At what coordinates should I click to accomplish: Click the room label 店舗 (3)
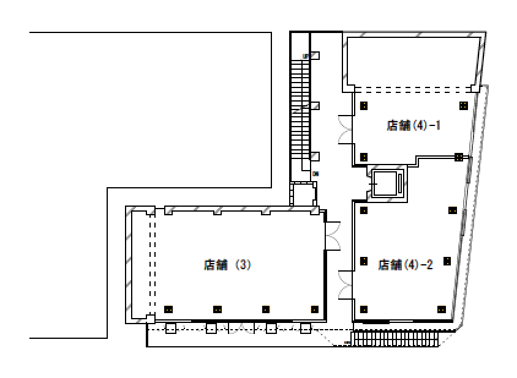click(227, 265)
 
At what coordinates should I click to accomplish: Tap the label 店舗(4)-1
click(414, 126)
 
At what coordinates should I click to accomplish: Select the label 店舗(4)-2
click(406, 265)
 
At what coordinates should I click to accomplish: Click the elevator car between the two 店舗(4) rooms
click(387, 183)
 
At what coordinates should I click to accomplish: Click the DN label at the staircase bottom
click(315, 174)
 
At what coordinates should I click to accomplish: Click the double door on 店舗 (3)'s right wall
click(333, 235)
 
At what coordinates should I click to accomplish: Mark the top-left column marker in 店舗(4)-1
click(364, 105)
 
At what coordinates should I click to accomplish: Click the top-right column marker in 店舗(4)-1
click(463, 105)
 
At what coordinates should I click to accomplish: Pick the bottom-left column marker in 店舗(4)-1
click(364, 157)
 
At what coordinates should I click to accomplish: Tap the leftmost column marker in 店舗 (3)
click(168, 309)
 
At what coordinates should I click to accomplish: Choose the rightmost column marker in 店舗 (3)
click(315, 309)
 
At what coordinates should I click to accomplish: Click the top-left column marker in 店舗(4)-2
click(364, 210)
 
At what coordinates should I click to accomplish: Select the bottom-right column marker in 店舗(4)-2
click(441, 309)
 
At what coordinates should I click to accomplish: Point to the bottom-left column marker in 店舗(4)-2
click(364, 309)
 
